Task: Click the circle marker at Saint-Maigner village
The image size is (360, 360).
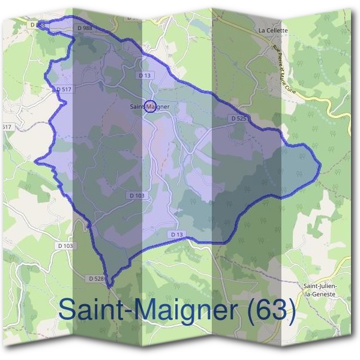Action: point(150,106)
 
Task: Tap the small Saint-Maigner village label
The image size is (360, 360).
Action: point(150,107)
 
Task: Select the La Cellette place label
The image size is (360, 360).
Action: point(273,30)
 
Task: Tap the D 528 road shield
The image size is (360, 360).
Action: point(97,278)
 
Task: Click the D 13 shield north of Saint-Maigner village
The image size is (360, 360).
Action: point(144,76)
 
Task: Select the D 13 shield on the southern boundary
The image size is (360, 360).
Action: point(176,234)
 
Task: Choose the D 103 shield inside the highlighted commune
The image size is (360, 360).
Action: point(137,196)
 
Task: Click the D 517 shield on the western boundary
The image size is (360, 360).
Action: point(62,89)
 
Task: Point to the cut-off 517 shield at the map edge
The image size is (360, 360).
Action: point(6,127)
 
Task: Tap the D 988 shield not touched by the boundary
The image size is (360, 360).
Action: point(85,28)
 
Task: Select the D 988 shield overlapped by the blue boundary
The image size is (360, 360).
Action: point(37,25)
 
